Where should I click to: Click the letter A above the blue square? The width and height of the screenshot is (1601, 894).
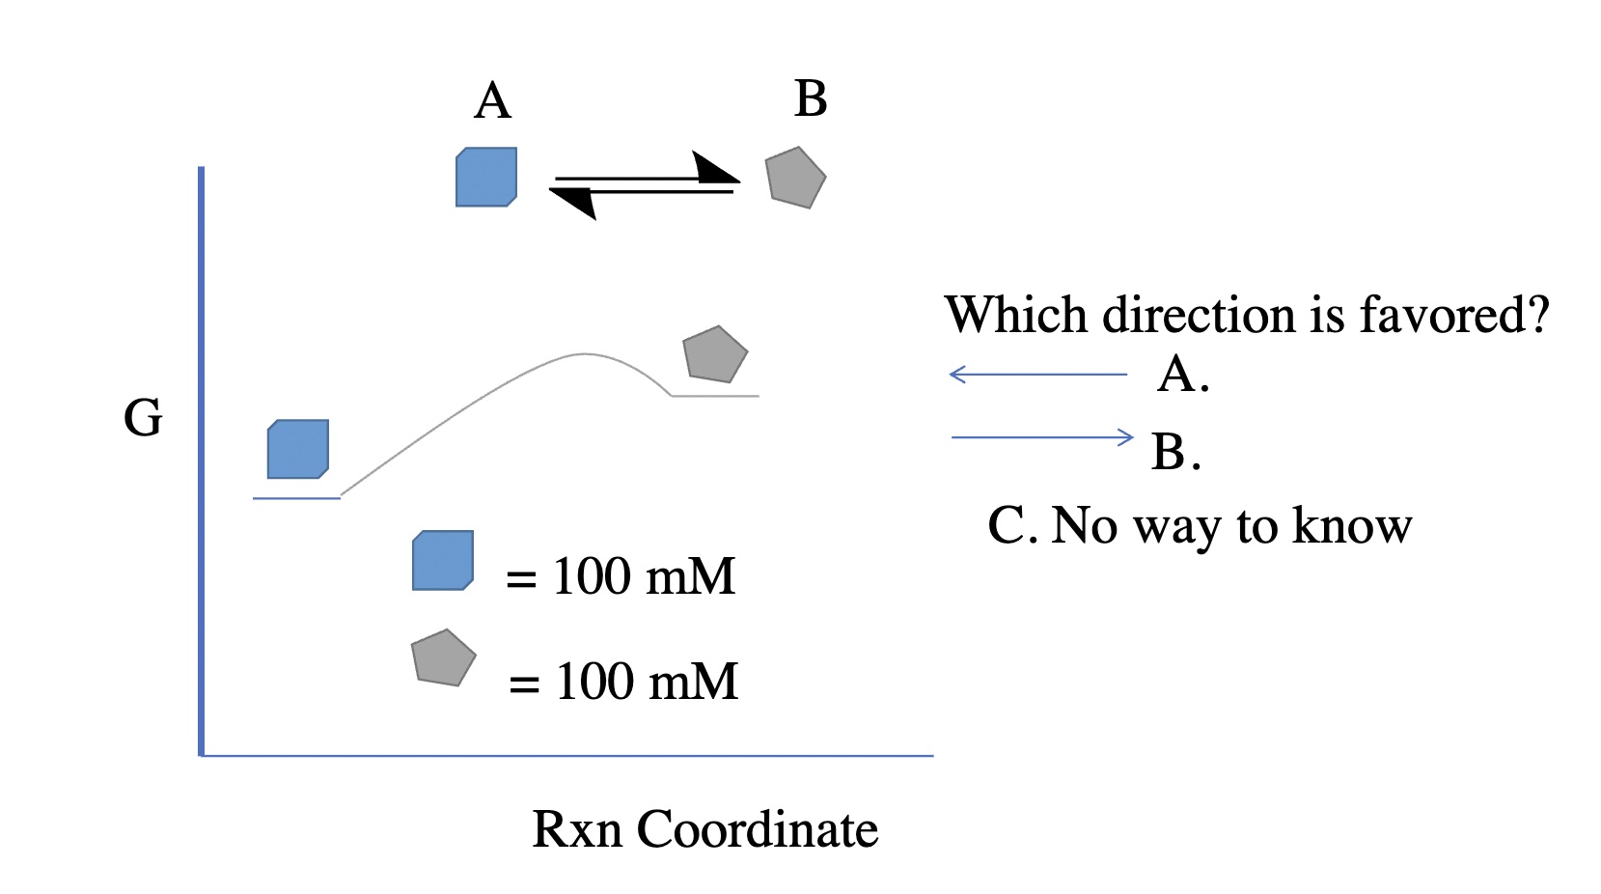[492, 100]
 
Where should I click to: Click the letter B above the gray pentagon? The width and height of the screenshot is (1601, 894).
[811, 98]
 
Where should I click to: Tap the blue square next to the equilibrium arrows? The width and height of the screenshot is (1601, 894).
[486, 177]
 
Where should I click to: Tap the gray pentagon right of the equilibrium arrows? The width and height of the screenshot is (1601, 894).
[795, 179]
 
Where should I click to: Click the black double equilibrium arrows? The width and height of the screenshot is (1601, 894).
[644, 185]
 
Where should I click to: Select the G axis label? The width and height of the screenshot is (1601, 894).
[143, 418]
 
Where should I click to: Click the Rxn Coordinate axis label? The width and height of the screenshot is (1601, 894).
[704, 829]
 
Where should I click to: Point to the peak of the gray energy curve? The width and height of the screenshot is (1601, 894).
[584, 354]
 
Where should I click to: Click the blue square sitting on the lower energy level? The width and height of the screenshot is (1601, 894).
[298, 449]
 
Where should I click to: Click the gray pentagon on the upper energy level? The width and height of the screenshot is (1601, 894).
[715, 354]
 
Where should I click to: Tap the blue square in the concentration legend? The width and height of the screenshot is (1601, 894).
[443, 560]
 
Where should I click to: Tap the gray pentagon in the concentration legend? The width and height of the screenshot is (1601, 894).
[443, 658]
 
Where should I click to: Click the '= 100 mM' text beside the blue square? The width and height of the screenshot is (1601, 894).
[621, 576]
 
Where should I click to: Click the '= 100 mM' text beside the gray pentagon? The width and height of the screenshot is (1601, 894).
[623, 682]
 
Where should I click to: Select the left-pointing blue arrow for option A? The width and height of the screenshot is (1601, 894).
[1037, 375]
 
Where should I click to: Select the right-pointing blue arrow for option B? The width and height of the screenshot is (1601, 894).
[1042, 437]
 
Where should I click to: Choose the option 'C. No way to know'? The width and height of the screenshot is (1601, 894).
[1200, 526]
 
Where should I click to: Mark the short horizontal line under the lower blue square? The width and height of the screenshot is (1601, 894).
[296, 498]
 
